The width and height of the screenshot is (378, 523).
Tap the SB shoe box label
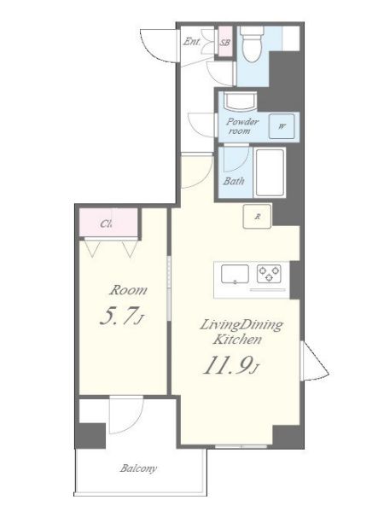pyautogui.click(x=225, y=43)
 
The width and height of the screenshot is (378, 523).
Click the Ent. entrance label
pyautogui.click(x=192, y=42)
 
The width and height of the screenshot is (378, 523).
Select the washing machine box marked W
pyautogui.click(x=282, y=126)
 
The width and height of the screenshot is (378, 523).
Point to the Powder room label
pyautogui.click(x=241, y=126)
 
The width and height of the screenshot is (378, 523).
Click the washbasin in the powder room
pyautogui.click(x=240, y=101)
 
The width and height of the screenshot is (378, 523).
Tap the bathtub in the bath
pyautogui.click(x=270, y=172)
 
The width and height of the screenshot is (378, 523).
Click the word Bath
pyautogui.click(x=234, y=182)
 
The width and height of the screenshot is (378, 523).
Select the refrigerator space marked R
pyautogui.click(x=257, y=216)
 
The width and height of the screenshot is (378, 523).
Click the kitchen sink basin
pyautogui.click(x=235, y=274)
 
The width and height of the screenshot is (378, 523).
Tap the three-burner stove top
pyautogui.click(x=269, y=274)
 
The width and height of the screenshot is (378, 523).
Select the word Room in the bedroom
pyautogui.click(x=128, y=290)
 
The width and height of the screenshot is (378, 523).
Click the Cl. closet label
pyautogui.click(x=106, y=224)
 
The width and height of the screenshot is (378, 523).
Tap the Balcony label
pyautogui.click(x=138, y=468)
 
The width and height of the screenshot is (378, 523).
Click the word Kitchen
pyautogui.click(x=237, y=340)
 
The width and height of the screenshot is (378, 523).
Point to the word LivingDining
pyautogui.click(x=241, y=326)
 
